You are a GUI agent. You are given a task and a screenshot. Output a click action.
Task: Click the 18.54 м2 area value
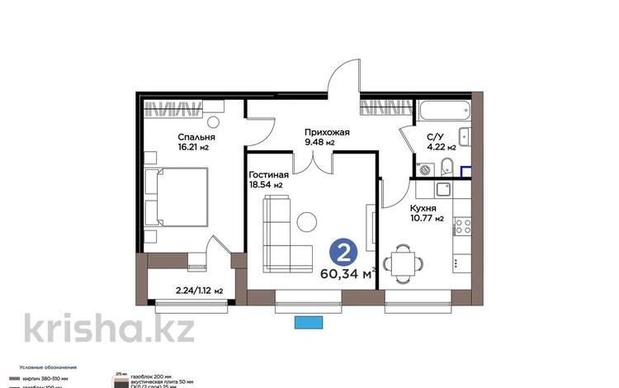(266, 186)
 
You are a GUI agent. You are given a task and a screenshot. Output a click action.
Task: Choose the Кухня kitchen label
(423, 209)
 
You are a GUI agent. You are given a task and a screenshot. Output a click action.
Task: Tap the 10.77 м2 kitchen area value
(427, 220)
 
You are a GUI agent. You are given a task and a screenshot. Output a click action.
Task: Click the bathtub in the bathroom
(444, 111)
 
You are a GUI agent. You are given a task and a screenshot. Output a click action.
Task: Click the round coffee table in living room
(307, 221)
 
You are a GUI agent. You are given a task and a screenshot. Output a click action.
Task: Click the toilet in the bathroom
(446, 163)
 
